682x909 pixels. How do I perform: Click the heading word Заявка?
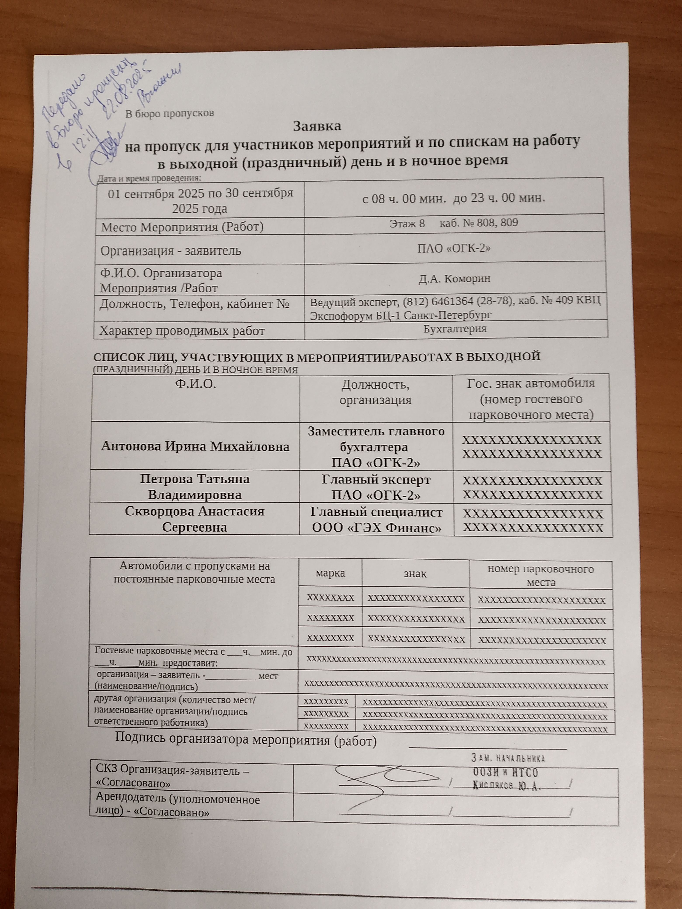click(x=317, y=126)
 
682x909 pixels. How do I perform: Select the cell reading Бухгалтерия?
click(x=455, y=329)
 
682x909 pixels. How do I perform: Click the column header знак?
click(x=415, y=573)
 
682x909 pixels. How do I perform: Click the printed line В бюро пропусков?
click(x=169, y=113)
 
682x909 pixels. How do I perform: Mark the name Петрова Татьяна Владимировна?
click(x=195, y=487)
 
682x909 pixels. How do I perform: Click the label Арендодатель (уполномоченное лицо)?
click(x=177, y=805)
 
